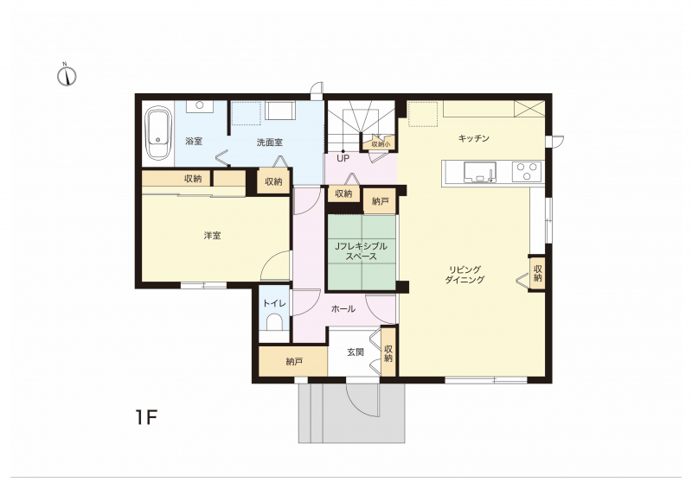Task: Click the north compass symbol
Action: click(67, 75)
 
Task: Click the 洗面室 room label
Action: click(270, 143)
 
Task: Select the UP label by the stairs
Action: click(343, 158)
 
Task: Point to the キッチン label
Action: click(473, 138)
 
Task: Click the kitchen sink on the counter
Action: click(480, 172)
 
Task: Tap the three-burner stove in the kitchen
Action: click(527, 172)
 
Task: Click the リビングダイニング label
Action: click(465, 274)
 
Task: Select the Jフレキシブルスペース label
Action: click(361, 251)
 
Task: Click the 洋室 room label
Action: click(212, 236)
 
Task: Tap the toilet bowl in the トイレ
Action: click(274, 322)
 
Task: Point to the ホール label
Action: click(343, 309)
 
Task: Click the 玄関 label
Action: click(356, 352)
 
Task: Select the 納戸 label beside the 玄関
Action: click(294, 362)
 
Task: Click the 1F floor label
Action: click(146, 417)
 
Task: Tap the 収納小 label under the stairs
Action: click(381, 143)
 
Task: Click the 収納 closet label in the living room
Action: click(537, 273)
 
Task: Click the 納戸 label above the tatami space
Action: click(381, 201)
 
